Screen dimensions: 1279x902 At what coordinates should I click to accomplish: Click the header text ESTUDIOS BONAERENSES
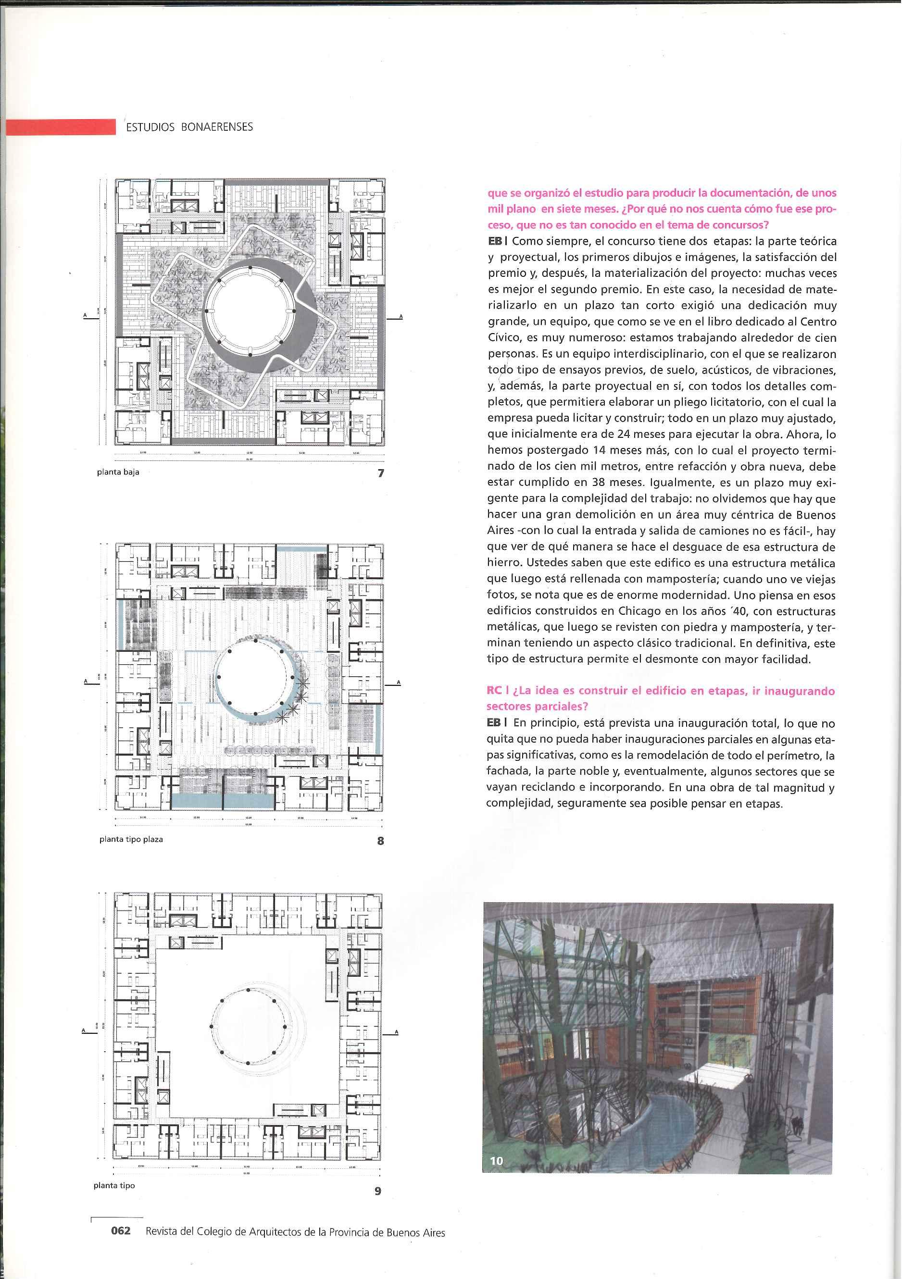tap(189, 127)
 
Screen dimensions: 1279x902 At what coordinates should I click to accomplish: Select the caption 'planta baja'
tap(118, 472)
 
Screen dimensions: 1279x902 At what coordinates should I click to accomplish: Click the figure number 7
tap(381, 473)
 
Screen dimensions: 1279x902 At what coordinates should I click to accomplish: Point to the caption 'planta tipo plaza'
tap(131, 839)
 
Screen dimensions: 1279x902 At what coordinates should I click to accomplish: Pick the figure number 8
tap(380, 841)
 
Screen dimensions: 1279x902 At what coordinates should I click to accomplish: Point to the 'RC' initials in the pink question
tap(494, 690)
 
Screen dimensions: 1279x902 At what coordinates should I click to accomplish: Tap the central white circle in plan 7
tap(249, 310)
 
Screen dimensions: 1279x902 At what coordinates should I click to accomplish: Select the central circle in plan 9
tap(248, 1026)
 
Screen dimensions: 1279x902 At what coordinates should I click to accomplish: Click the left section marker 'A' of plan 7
tap(86, 316)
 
